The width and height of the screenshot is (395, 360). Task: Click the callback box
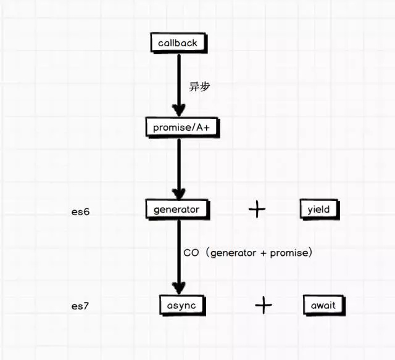[x=178, y=43]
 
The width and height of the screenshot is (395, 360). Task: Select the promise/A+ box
[x=178, y=128]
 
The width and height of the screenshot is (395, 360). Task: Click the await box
[x=323, y=305]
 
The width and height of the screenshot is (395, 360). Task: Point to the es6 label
[x=80, y=211]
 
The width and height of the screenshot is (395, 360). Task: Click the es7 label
[x=80, y=305]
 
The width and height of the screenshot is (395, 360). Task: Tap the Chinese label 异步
[x=199, y=86]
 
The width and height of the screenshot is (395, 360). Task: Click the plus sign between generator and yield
[x=257, y=210]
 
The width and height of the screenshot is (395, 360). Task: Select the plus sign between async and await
[x=264, y=305]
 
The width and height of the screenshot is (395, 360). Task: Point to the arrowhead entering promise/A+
[x=178, y=110]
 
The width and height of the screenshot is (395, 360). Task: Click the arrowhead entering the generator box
[x=178, y=192]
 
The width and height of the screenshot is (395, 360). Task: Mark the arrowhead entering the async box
[x=178, y=287]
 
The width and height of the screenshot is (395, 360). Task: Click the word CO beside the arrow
[x=191, y=253]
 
